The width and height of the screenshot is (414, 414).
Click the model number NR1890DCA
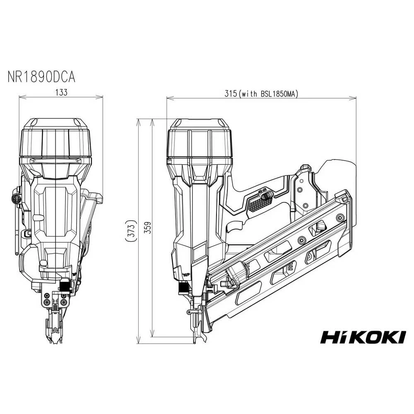coord(41,77)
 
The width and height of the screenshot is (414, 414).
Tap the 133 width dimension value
coord(61,92)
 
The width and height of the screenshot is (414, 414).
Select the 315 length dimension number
coord(231,94)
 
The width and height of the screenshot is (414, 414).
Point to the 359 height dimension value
coord(148,227)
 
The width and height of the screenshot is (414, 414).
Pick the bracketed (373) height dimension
coord(131,231)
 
